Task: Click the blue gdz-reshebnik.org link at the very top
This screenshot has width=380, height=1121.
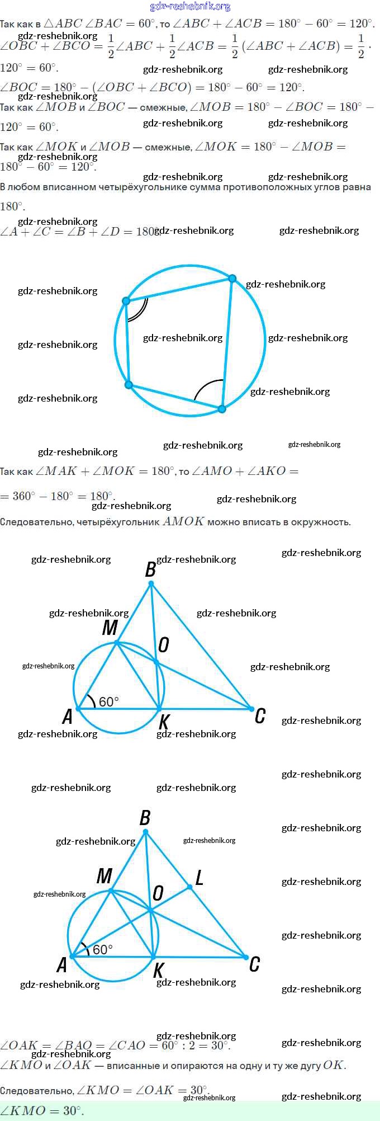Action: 190,7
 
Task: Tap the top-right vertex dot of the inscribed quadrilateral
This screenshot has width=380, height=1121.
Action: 232,279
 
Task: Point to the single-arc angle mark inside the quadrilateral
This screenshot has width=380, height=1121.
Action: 208,388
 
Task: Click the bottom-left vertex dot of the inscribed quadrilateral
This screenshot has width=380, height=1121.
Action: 129,385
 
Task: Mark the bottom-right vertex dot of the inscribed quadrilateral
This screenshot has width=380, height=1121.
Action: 222,409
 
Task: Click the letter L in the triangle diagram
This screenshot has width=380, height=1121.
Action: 199,878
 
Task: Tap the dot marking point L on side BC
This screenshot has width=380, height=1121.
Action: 190,887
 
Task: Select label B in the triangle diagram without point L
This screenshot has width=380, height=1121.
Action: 150,569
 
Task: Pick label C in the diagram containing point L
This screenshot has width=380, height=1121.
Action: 254,964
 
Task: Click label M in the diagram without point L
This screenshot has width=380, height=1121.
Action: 110,628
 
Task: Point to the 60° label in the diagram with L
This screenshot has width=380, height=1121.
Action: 103,949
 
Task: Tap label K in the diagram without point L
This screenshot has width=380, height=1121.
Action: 164,722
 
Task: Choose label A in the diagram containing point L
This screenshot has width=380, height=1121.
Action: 62,964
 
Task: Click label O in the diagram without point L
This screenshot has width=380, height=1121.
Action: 163,645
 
